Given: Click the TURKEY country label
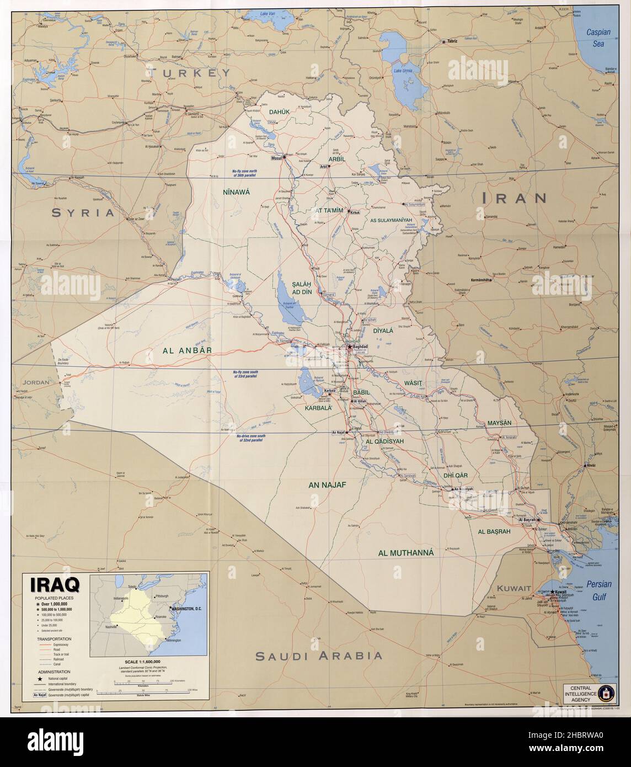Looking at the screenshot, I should pyautogui.click(x=180, y=73).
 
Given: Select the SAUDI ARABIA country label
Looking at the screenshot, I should pyautogui.click(x=319, y=656).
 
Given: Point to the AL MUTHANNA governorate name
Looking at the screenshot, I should pyautogui.click(x=406, y=552).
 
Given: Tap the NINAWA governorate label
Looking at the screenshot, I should pyautogui.click(x=236, y=193).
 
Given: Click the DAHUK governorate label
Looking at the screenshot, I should pyautogui.click(x=279, y=112).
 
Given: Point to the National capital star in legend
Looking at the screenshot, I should pyautogui.click(x=40, y=677).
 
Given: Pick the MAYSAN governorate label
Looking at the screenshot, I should pyautogui.click(x=500, y=423).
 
